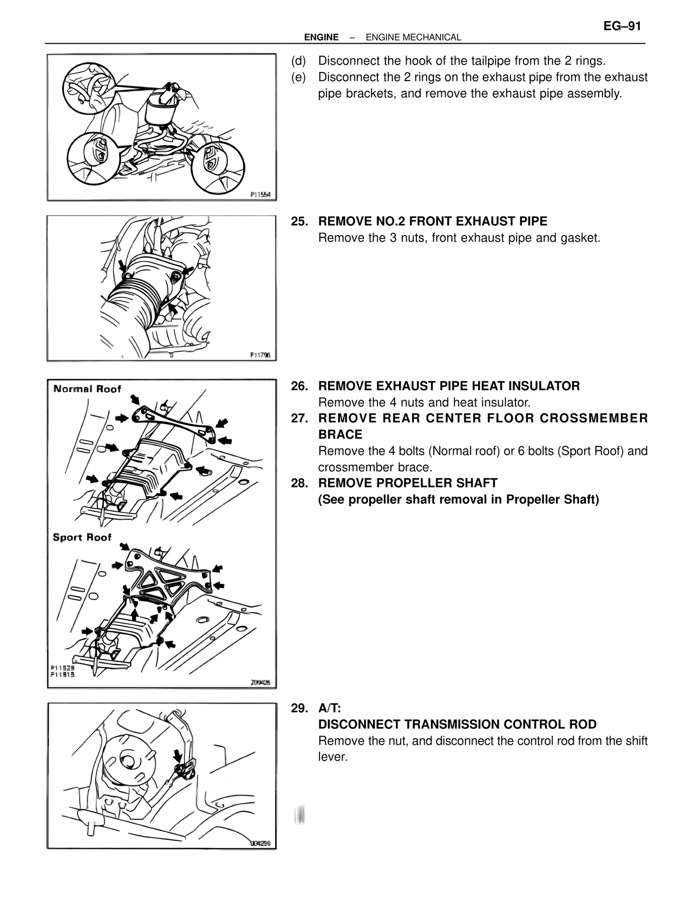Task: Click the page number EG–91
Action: click(x=623, y=26)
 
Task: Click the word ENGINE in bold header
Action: click(x=321, y=37)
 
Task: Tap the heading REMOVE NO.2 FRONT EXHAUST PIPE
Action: click(x=433, y=222)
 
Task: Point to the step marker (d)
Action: click(x=298, y=61)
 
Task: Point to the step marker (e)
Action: click(x=298, y=77)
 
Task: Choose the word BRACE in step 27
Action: click(x=340, y=434)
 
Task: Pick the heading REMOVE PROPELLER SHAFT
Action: click(x=408, y=483)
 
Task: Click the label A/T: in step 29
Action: click(x=329, y=708)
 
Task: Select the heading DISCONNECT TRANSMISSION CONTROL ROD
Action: click(x=457, y=725)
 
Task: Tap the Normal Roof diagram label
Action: click(x=87, y=389)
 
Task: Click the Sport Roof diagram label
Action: click(x=82, y=537)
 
